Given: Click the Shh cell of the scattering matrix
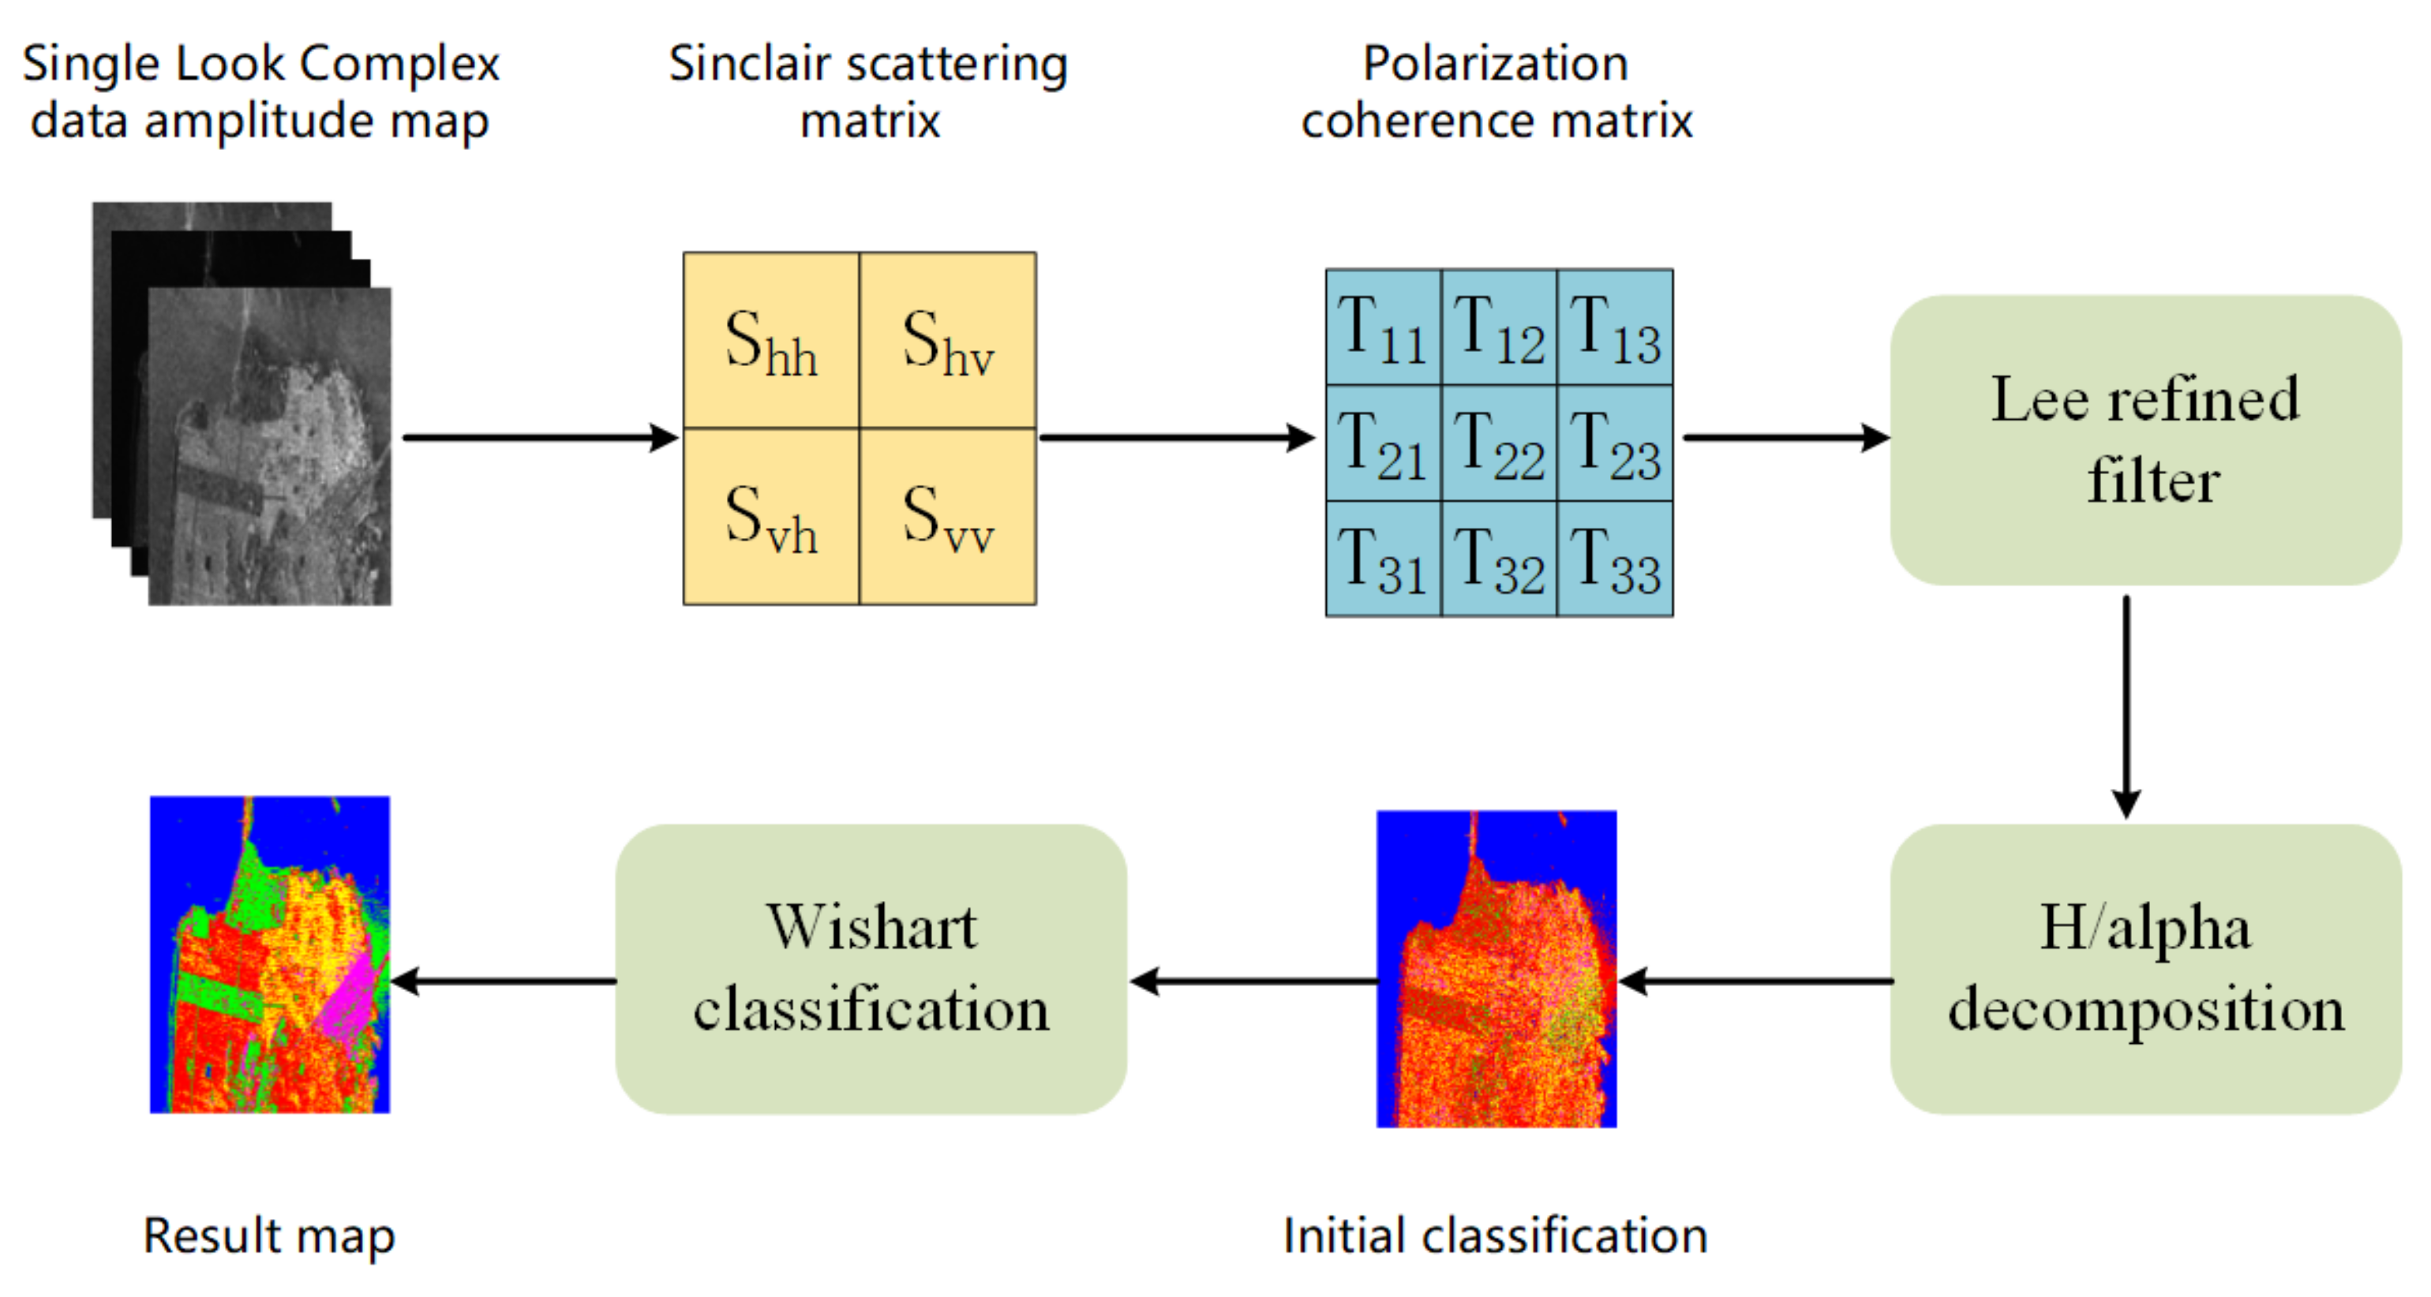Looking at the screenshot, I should click(x=770, y=341).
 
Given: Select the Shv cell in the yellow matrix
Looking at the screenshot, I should click(x=947, y=341).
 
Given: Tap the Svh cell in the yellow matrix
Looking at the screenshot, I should click(x=770, y=517).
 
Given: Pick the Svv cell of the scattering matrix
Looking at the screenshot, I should click(x=947, y=517).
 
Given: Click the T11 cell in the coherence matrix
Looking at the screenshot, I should click(x=1383, y=327).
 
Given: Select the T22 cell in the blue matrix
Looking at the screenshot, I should click(x=1499, y=443).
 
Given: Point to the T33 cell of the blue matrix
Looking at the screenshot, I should click(x=1615, y=559).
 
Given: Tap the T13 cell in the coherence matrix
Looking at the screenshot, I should click(x=1615, y=327).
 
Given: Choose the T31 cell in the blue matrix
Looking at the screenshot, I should click(x=1383, y=559).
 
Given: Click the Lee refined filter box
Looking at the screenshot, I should click(x=2144, y=439).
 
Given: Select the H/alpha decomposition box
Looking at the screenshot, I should click(x=2144, y=969).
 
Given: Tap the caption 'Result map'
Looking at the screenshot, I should click(x=269, y=1235).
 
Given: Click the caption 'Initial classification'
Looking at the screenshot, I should click(x=1495, y=1235).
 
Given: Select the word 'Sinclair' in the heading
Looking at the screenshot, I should click(x=748, y=64).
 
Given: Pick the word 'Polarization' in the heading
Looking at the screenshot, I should click(x=1495, y=64).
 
